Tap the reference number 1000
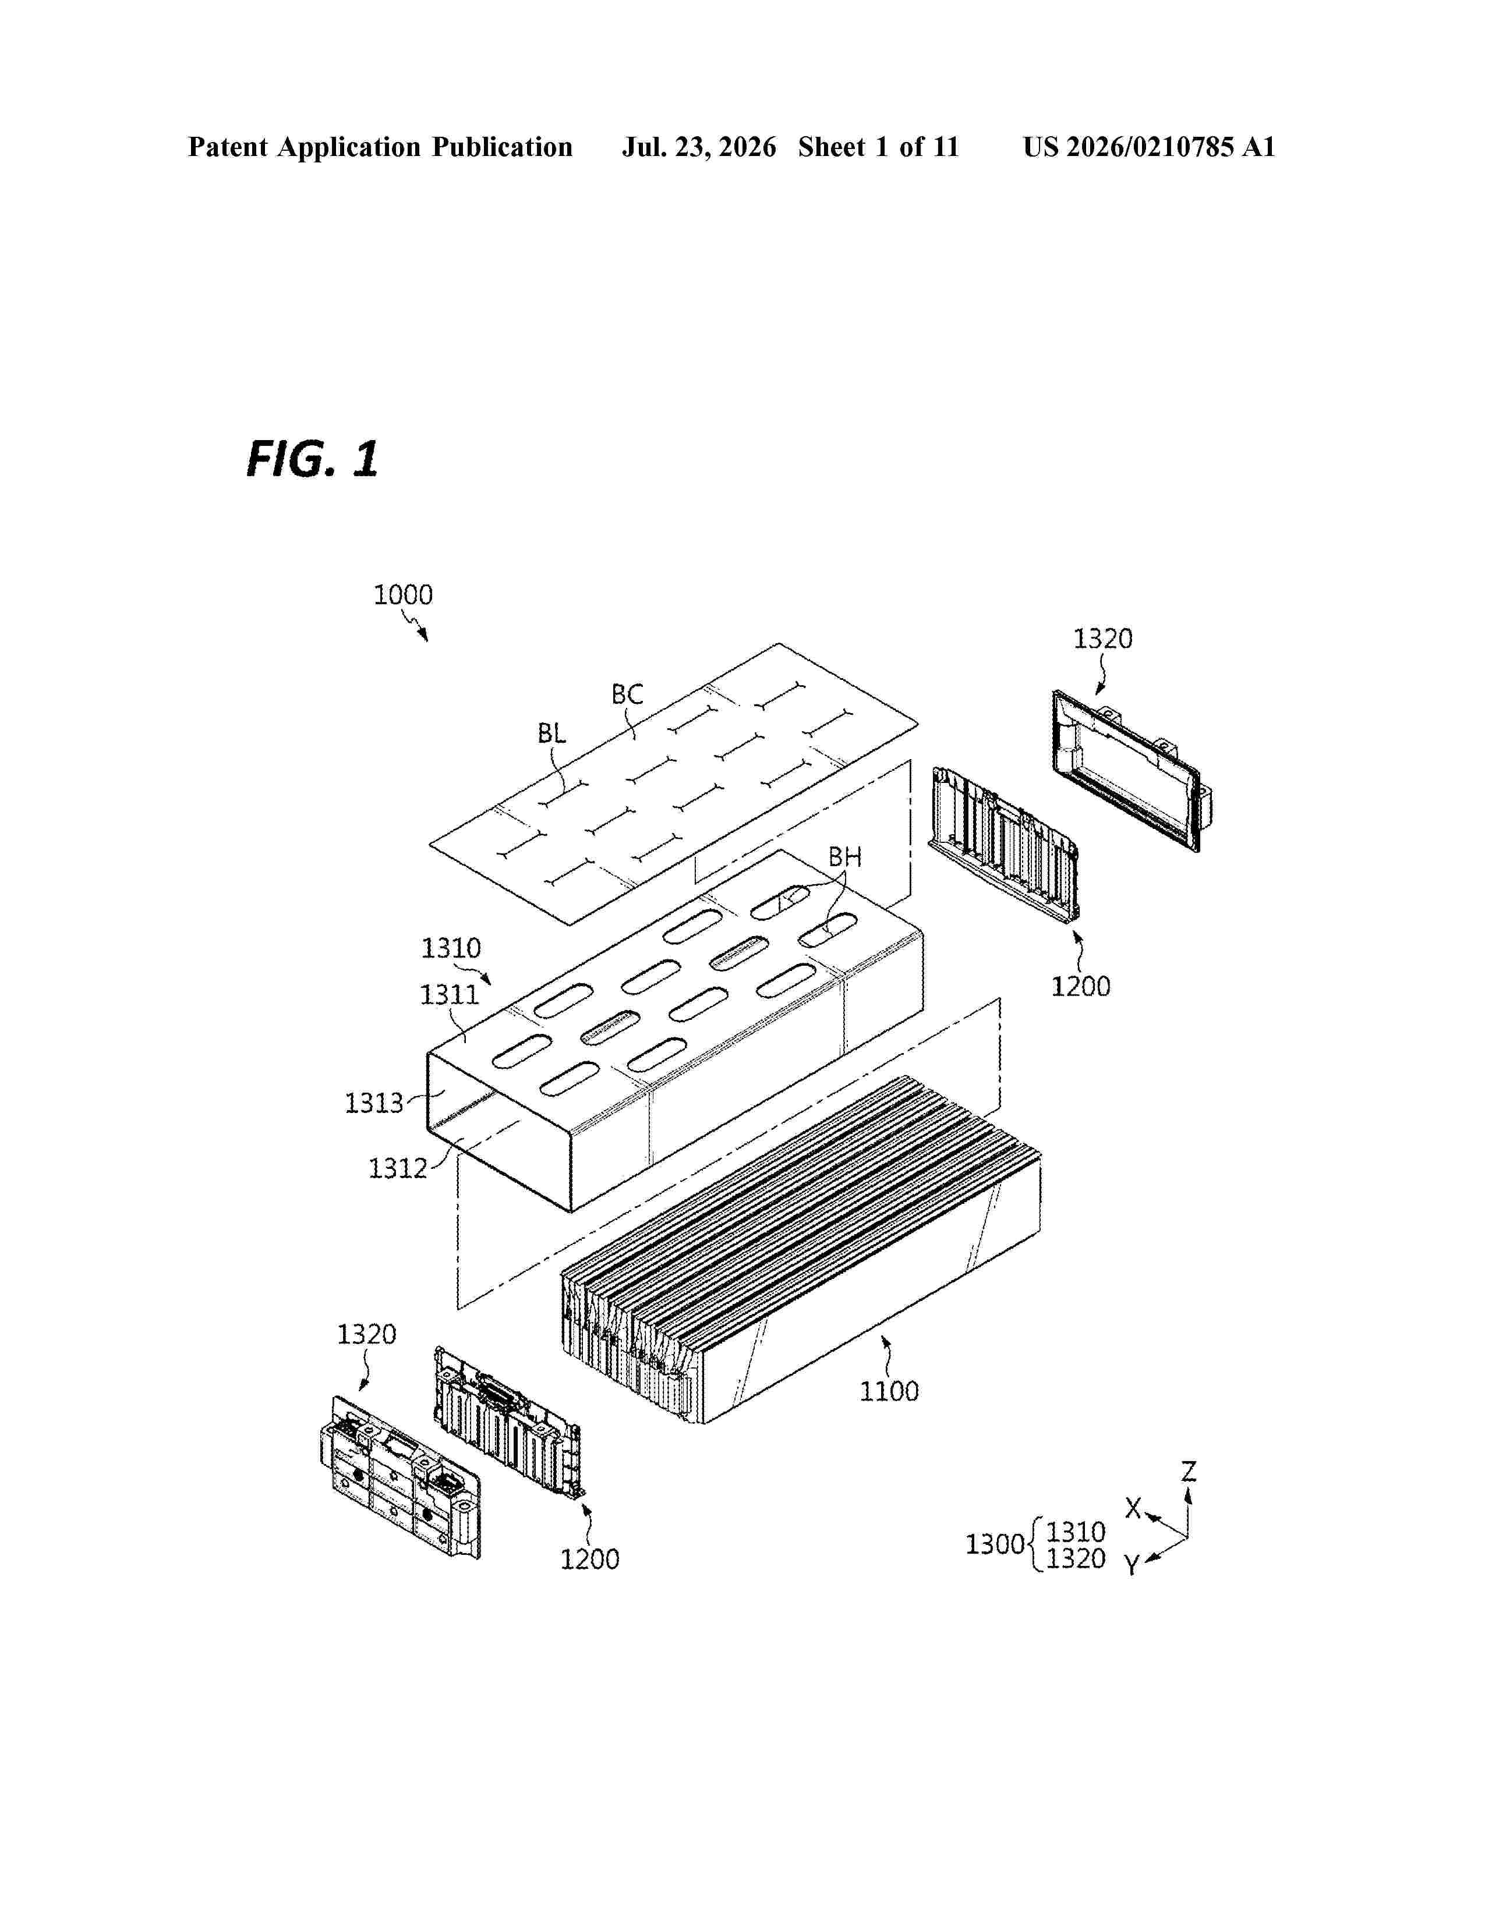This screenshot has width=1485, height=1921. pyautogui.click(x=403, y=596)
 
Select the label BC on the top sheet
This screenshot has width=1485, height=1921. pyautogui.click(x=627, y=695)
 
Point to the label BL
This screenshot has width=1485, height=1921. pyautogui.click(x=551, y=733)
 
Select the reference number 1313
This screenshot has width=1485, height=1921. pyautogui.click(x=374, y=1103)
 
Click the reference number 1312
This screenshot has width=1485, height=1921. pyautogui.click(x=398, y=1168)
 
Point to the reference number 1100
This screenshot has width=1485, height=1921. pyautogui.click(x=889, y=1391)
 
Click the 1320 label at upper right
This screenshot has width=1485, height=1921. pyautogui.click(x=1102, y=639)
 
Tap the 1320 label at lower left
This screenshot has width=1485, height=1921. pyautogui.click(x=367, y=1334)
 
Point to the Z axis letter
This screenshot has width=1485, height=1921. pyautogui.click(x=1189, y=1472)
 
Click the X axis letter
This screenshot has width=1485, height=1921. pyautogui.click(x=1134, y=1508)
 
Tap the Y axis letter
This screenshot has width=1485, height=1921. pyautogui.click(x=1132, y=1566)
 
